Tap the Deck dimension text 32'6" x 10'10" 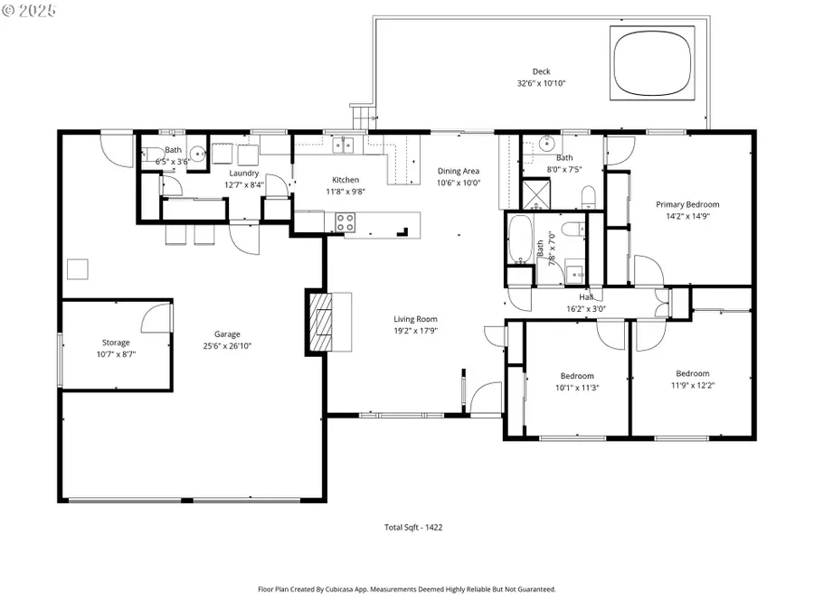coord(541,84)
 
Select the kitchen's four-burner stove coord(345,220)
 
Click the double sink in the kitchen coord(343,145)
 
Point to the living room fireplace coord(319,323)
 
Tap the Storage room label coord(116,343)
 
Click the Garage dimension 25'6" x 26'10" coord(227,345)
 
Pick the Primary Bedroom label coord(687,204)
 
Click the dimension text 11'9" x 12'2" coord(692,385)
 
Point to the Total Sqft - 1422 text coord(414,527)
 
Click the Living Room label coord(415,318)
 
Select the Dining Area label coord(459,171)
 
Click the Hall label coord(586,296)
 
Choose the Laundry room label coord(243,173)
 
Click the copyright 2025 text coord(29,11)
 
